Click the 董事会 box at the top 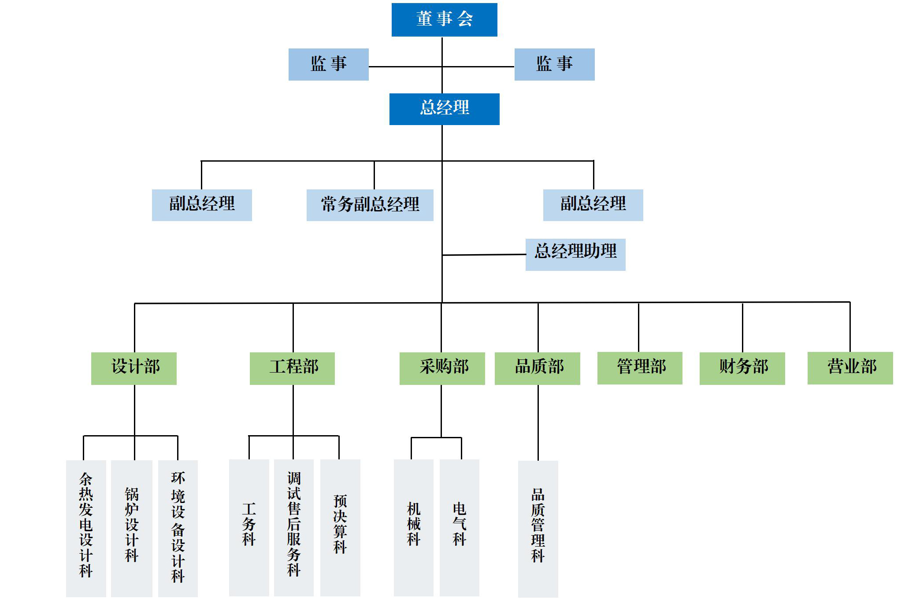point(444,20)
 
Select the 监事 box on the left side point(328,64)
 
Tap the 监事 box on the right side point(554,64)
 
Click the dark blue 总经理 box point(444,109)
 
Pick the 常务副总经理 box point(370,205)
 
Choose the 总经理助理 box point(575,254)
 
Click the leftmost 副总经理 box point(202,205)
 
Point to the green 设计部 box point(134,368)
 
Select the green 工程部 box point(292,368)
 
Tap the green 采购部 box point(442,368)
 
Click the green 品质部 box point(537,368)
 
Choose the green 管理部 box point(640,368)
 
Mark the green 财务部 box point(742,368)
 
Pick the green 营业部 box point(850,368)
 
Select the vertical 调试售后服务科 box point(293,527)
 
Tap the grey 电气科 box point(459,527)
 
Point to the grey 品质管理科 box point(538,528)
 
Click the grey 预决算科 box point(340,527)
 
